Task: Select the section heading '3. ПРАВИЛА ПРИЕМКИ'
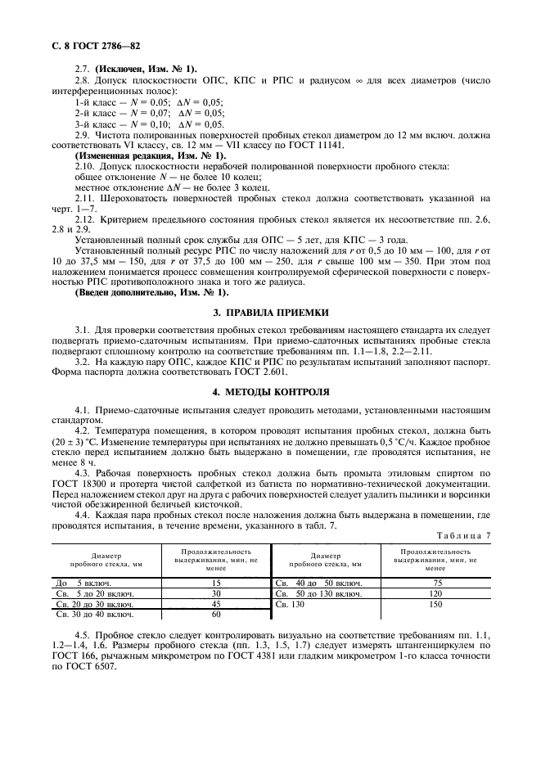(270, 312)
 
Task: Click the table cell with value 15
(215, 582)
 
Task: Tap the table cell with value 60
(215, 614)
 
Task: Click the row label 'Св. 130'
(289, 603)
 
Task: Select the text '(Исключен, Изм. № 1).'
(147, 69)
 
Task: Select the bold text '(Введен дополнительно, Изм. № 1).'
(152, 292)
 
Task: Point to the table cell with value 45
(215, 603)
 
